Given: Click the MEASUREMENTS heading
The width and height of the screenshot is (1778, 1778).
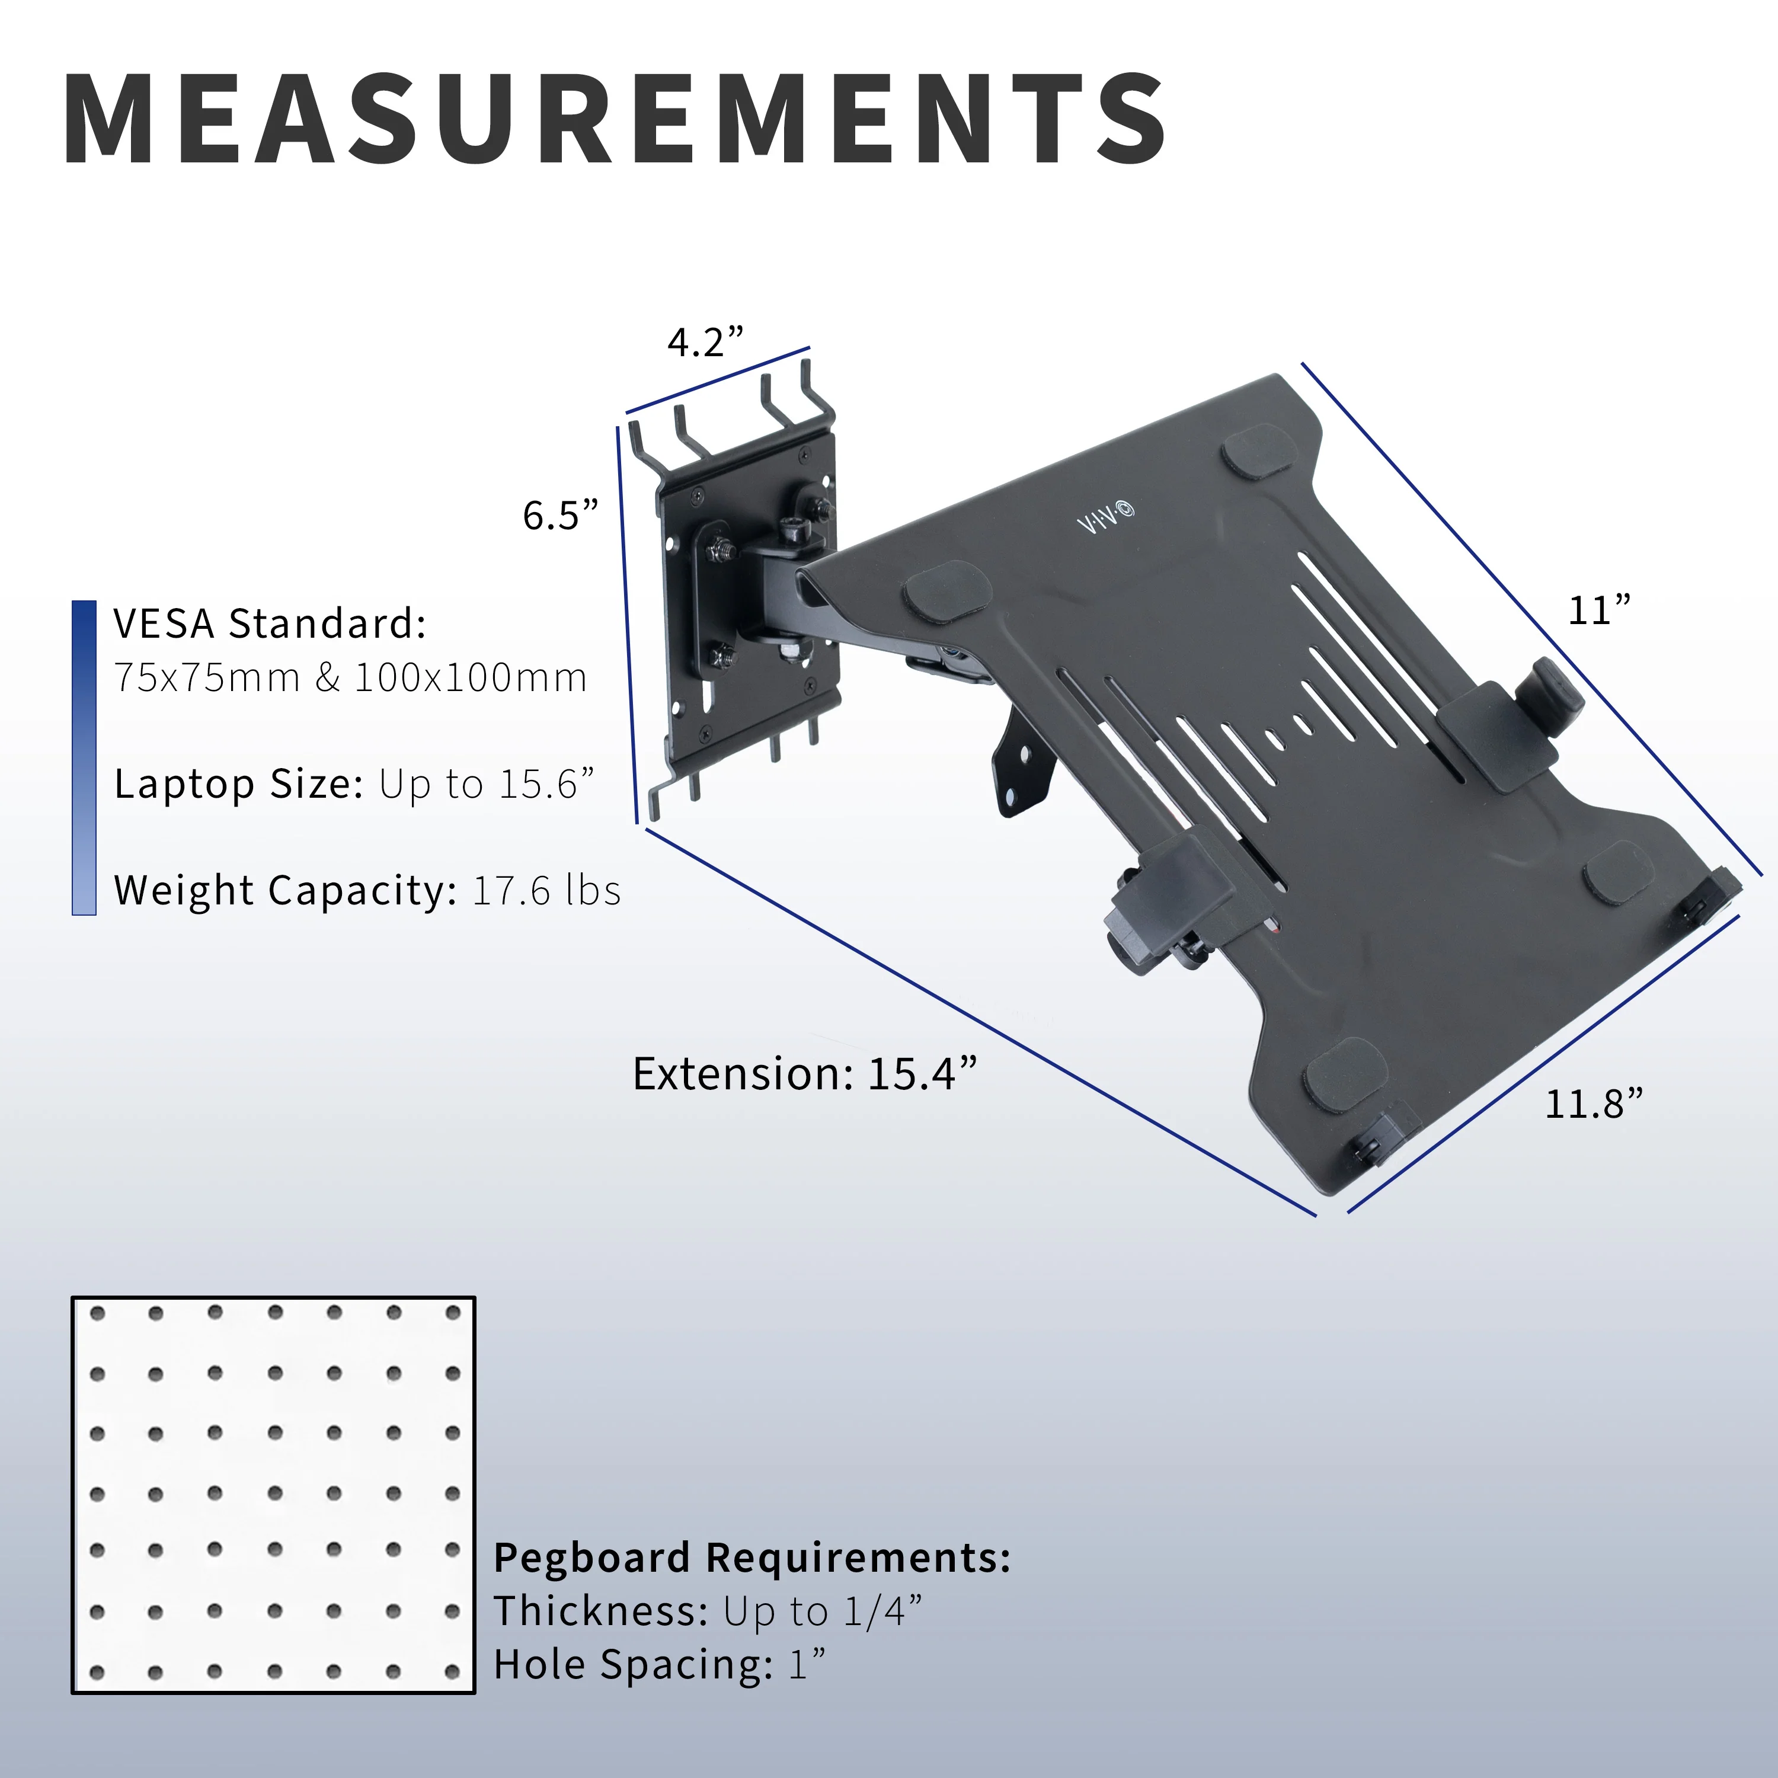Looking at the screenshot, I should click(615, 120).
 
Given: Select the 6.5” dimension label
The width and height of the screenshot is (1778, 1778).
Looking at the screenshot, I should click(561, 516).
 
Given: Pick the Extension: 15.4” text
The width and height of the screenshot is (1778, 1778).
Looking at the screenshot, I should click(804, 1074).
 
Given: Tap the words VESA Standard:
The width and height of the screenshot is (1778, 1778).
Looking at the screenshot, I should click(270, 624).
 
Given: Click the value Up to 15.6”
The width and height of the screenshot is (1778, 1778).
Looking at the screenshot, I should click(487, 784).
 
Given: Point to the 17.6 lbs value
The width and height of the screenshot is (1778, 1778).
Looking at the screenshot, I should click(546, 891).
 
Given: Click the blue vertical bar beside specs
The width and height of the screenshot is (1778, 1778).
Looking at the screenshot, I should click(84, 757).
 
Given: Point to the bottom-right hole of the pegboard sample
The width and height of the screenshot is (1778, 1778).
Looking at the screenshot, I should click(452, 1672).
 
